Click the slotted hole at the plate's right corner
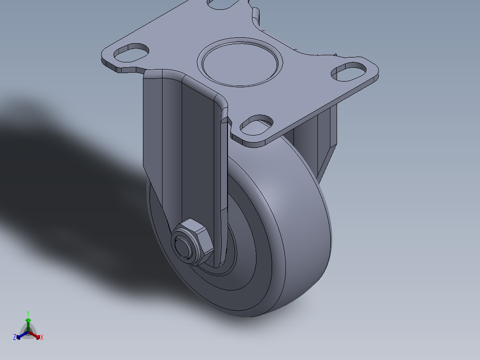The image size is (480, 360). [350, 72]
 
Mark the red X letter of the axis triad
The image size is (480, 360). [42, 338]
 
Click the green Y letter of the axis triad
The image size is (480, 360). [28, 313]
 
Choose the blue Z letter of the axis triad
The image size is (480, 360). [15, 338]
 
